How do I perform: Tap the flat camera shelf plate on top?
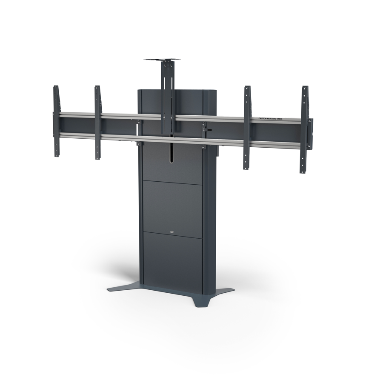tap(162, 60)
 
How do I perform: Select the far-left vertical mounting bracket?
tap(56, 121)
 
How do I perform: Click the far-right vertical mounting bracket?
tap(304, 130)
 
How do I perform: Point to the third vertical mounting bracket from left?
tap(247, 128)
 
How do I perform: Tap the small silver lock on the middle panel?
tap(172, 232)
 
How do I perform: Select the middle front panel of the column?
tap(172, 206)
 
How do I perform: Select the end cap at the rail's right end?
tap(311, 134)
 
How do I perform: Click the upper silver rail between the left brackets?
tap(77, 115)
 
